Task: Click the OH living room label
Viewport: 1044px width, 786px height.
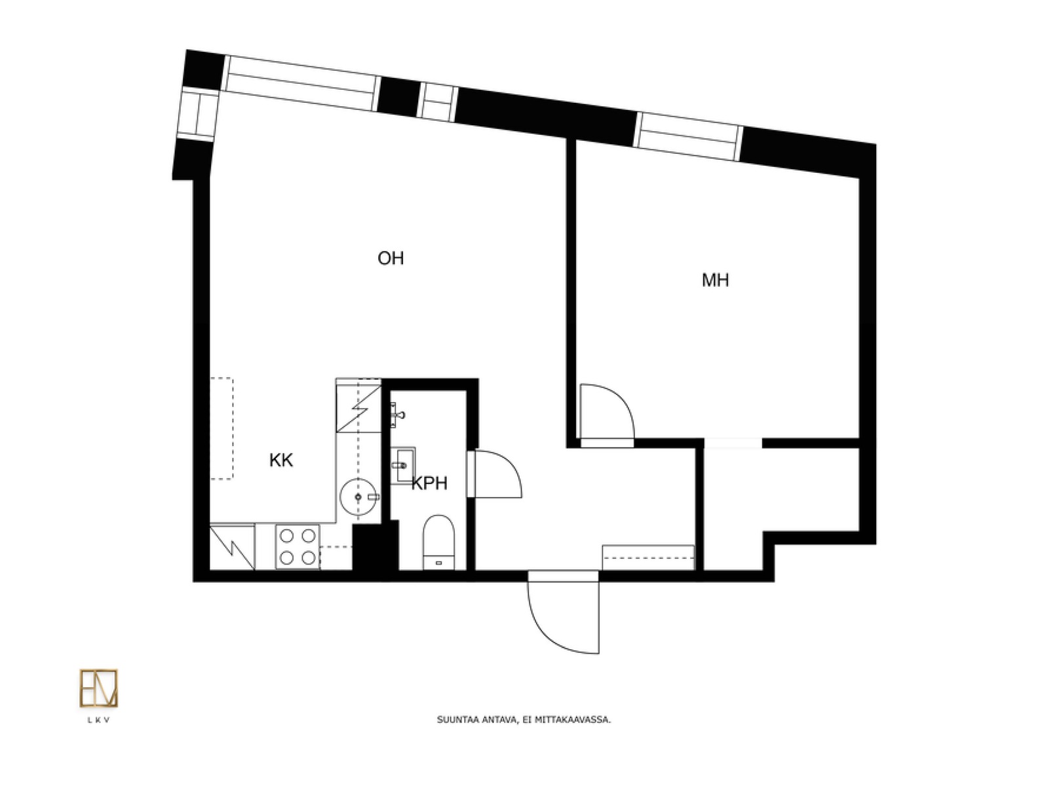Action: (390, 259)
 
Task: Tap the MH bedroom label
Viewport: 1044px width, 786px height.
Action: (715, 280)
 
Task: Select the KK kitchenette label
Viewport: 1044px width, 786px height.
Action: (280, 460)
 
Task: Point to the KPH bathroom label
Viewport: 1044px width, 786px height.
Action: (429, 483)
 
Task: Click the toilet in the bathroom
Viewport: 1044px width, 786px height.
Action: (438, 542)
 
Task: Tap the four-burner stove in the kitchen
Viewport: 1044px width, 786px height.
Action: (298, 546)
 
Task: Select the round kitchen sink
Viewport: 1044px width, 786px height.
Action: (358, 497)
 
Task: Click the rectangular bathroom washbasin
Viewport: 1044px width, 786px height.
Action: (402, 465)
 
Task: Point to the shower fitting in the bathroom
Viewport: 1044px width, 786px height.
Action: (396, 415)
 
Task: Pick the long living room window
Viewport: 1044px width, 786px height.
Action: (301, 83)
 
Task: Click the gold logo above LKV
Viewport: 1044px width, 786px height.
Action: (98, 688)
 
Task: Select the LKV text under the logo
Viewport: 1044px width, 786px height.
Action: (98, 720)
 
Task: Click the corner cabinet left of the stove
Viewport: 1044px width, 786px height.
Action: (233, 547)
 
